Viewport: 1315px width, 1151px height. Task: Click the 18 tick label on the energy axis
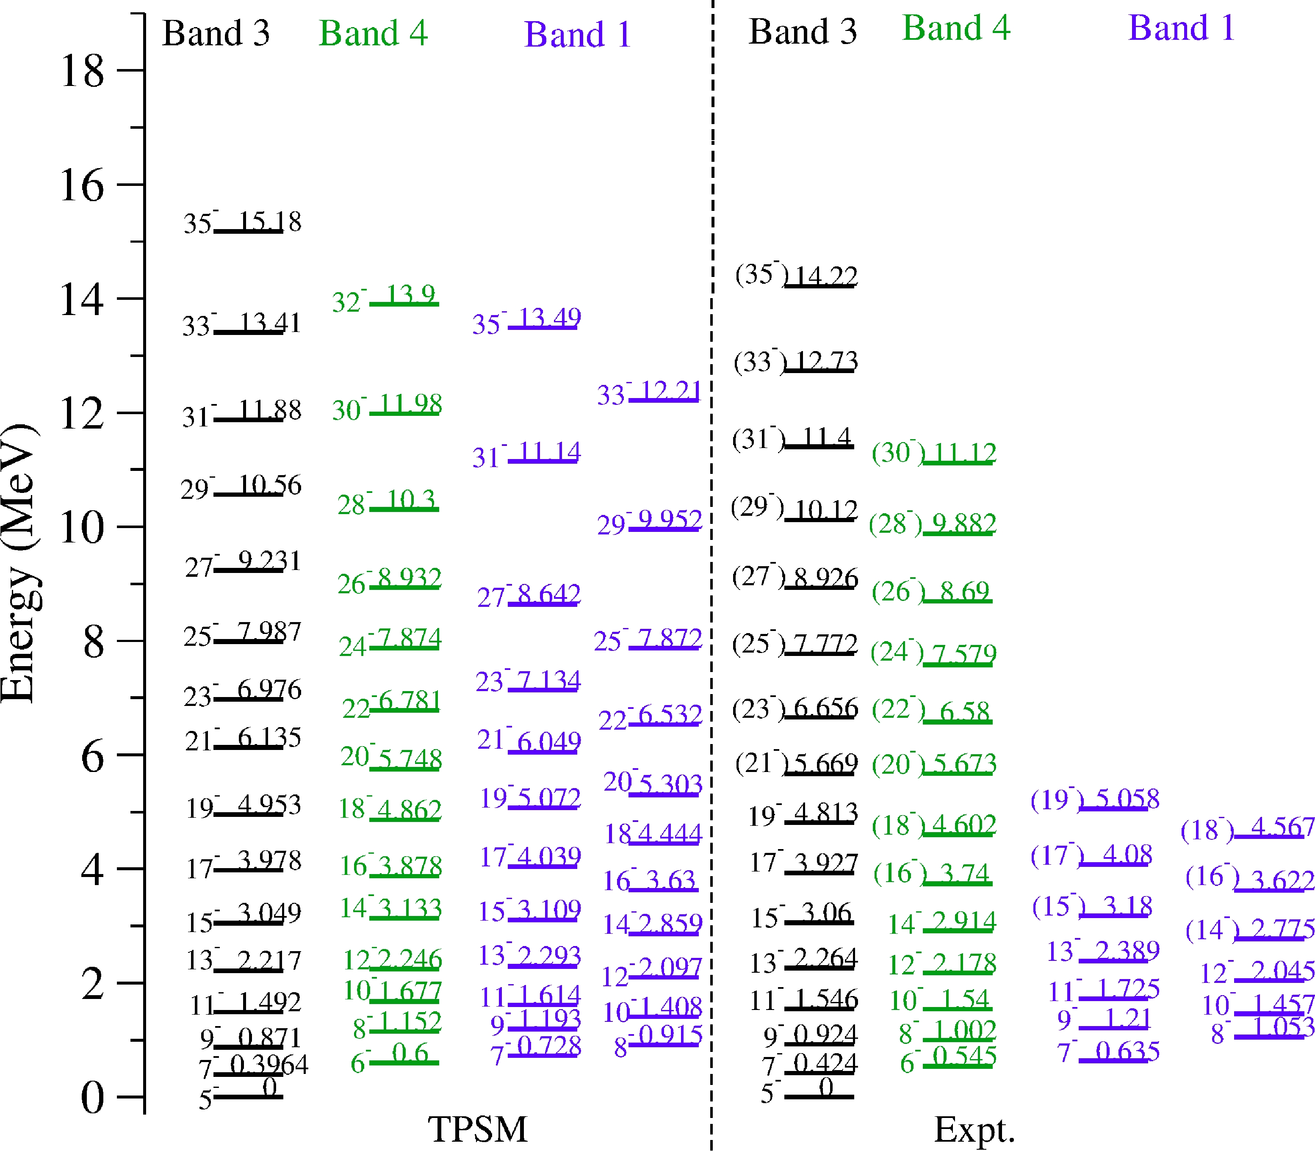tap(82, 71)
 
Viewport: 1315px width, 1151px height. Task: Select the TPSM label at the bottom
tap(477, 1129)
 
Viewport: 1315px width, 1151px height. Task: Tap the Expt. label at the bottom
tap(974, 1129)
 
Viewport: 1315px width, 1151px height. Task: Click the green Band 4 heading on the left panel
tap(373, 33)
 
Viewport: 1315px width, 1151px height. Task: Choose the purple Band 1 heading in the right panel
tap(1181, 28)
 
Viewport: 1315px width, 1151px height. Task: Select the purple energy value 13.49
tap(549, 317)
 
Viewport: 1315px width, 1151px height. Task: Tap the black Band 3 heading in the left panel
tap(216, 33)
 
